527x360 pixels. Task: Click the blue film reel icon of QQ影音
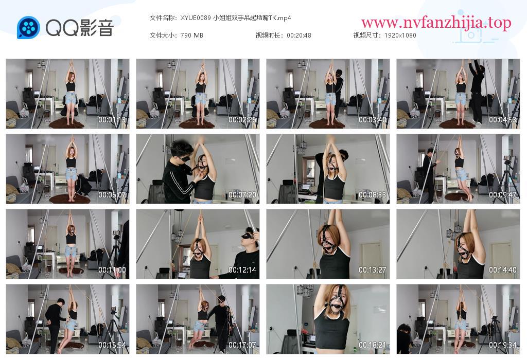click(29, 28)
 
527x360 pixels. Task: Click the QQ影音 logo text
click(80, 28)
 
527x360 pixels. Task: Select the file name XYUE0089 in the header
click(196, 18)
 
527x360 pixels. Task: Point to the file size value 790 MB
click(191, 35)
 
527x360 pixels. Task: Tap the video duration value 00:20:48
click(299, 35)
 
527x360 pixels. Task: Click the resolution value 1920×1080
click(400, 35)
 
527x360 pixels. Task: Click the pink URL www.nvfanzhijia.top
click(436, 23)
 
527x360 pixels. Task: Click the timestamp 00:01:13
click(112, 119)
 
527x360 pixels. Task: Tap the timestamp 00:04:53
click(502, 119)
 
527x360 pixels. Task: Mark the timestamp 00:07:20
click(242, 195)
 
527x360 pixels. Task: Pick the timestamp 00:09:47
click(502, 195)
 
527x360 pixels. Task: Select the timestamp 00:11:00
click(112, 269)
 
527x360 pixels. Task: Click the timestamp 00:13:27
click(373, 269)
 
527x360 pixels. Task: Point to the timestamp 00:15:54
click(112, 345)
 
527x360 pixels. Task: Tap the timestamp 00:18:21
click(373, 345)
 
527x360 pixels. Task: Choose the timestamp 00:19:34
click(502, 345)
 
